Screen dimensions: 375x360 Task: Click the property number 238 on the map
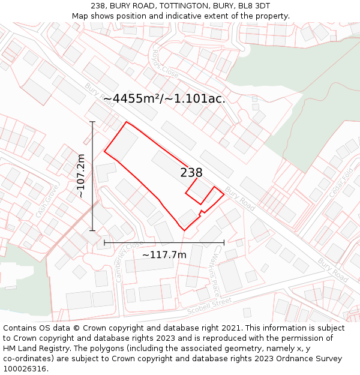click(191, 173)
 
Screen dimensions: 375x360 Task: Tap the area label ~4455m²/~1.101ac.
click(164, 99)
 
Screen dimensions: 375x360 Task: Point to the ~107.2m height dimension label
click(80, 176)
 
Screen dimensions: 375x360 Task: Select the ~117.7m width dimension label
click(164, 255)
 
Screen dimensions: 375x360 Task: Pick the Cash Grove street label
click(46, 201)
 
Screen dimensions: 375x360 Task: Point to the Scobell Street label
click(208, 307)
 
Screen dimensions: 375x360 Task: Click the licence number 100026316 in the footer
click(25, 369)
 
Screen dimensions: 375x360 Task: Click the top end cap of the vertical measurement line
click(92, 122)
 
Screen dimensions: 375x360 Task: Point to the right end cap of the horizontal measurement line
click(224, 242)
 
